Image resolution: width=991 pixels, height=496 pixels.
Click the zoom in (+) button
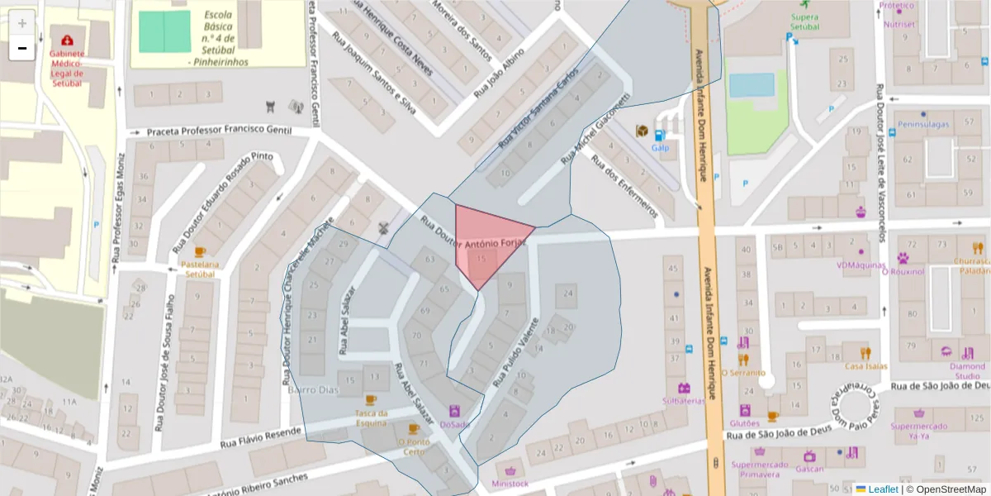click(22, 23)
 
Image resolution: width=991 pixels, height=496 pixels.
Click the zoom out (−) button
click(22, 48)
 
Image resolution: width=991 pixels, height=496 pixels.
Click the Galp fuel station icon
click(659, 135)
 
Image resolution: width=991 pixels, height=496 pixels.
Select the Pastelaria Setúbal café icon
click(199, 251)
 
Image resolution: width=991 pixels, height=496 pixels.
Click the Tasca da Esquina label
click(371, 418)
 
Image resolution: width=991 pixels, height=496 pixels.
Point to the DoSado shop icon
click(454, 410)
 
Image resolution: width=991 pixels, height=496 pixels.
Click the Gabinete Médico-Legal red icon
click(66, 40)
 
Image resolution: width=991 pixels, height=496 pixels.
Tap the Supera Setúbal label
click(804, 21)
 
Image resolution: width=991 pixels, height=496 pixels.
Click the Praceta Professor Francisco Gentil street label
click(220, 131)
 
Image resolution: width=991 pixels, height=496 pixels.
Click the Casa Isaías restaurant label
click(865, 366)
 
